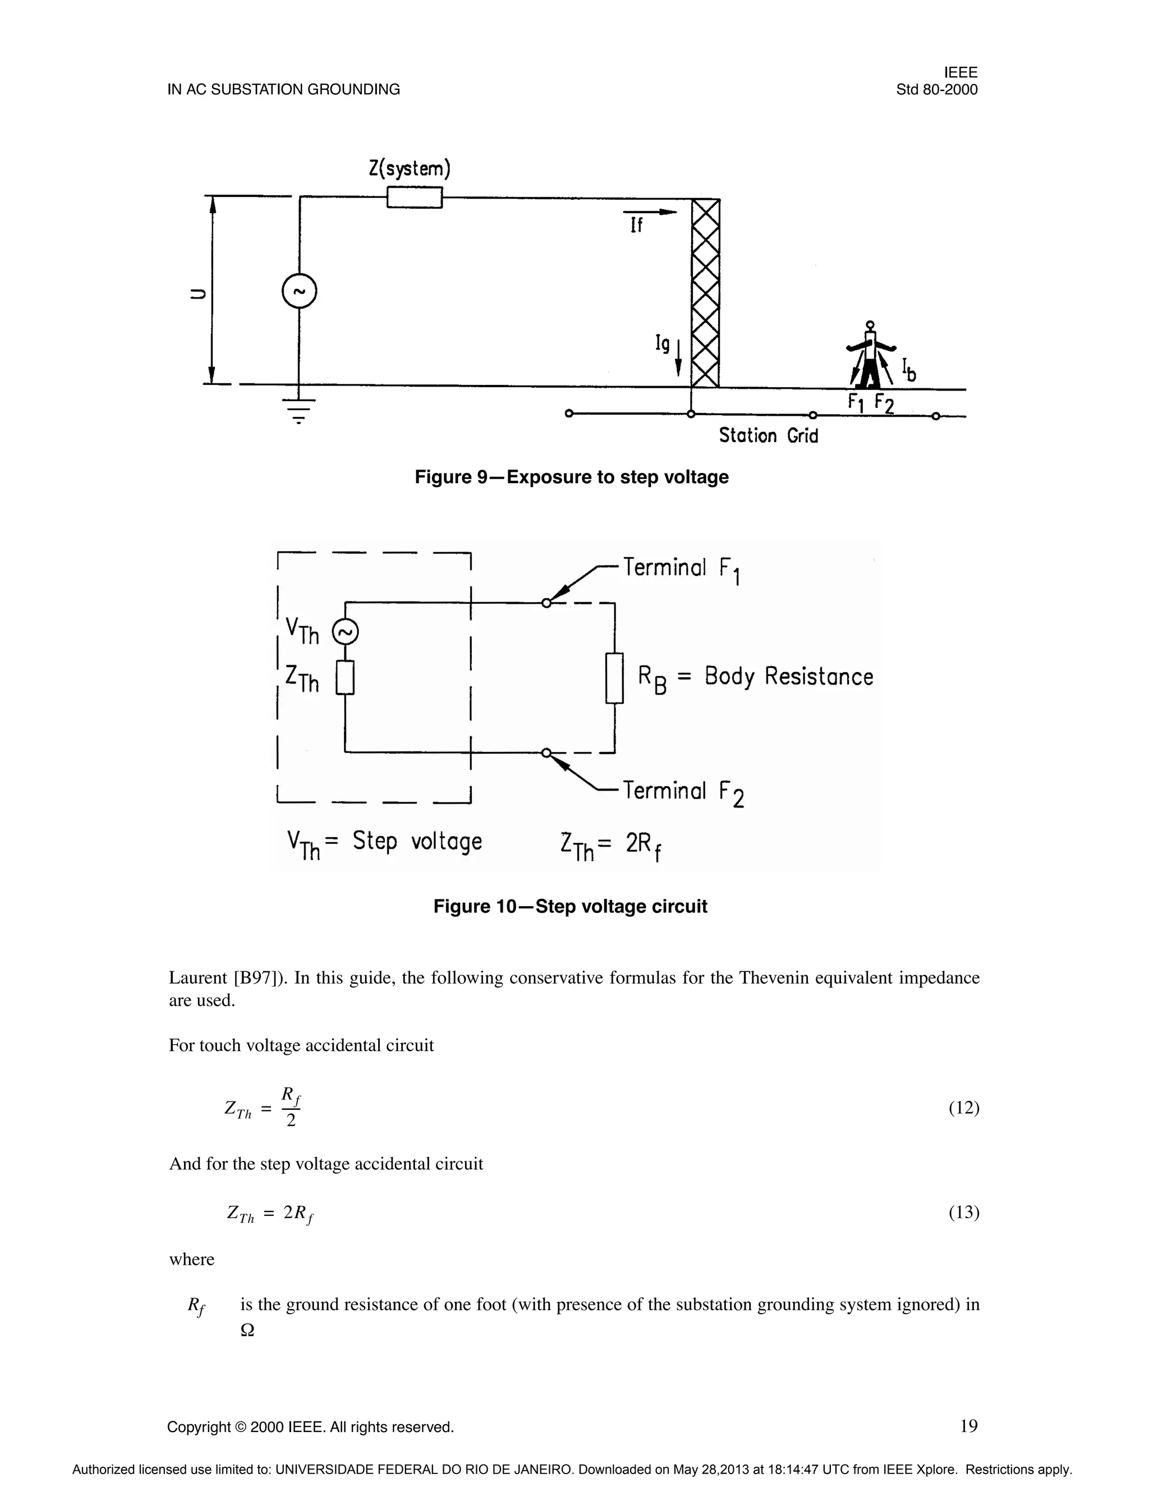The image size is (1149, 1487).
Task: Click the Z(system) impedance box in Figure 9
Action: pos(415,198)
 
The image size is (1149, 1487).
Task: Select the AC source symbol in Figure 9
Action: pos(299,291)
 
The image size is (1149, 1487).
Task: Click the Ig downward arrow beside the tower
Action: pos(678,357)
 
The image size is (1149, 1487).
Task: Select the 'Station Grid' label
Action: pos(768,436)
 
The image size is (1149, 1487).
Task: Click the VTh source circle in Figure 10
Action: pos(345,633)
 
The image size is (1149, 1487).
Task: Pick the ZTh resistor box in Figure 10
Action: pos(345,678)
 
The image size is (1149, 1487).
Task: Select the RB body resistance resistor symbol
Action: pos(615,677)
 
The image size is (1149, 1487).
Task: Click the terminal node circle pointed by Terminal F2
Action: pos(546,752)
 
